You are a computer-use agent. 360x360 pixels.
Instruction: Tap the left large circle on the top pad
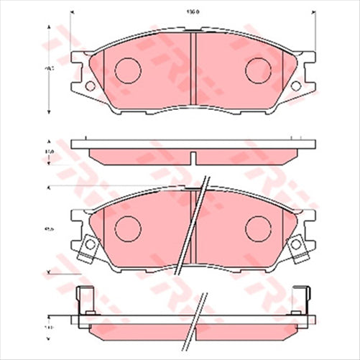point(128,70)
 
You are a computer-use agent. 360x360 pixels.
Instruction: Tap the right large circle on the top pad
point(257,70)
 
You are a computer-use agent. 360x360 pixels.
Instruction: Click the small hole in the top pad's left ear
point(90,86)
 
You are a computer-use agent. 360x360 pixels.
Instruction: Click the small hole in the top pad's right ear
point(296,86)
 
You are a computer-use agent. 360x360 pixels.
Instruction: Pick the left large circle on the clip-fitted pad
point(128,229)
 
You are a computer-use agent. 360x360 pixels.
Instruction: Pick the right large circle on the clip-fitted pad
point(257,229)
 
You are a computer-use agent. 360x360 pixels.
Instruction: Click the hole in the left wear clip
point(90,246)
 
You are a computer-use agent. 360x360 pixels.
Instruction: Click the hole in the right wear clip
point(296,246)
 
